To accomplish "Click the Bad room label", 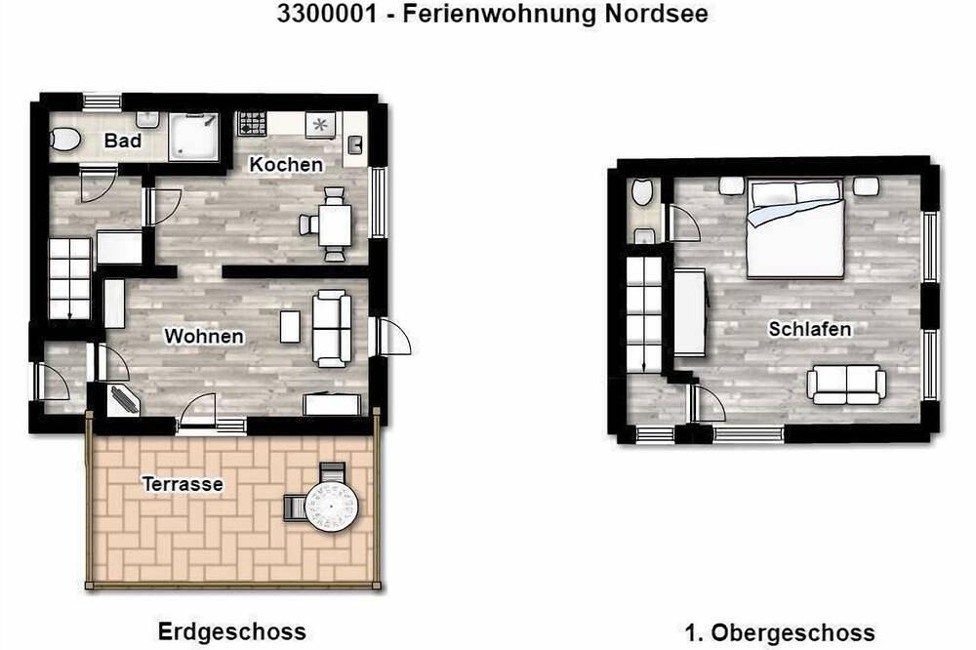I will coord(123,141).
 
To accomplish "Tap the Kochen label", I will coord(286,164).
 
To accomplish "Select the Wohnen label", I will coord(204,337).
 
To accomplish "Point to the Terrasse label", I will coord(183,483).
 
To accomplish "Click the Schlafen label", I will coord(809,329).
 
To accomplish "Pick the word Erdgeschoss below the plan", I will coord(232,631).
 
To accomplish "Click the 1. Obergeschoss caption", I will coord(779,633).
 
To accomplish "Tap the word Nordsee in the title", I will coord(659,14).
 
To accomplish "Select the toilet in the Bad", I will coord(65,139).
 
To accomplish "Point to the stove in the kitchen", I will coord(252,124).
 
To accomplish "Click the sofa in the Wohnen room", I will coord(330,326).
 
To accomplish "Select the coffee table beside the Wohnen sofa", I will coord(290,326).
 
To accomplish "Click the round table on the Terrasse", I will coord(332,505).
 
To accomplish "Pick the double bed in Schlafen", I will coord(794,229).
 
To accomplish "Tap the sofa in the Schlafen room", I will coord(845,384).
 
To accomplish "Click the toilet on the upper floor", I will coord(643,191).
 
